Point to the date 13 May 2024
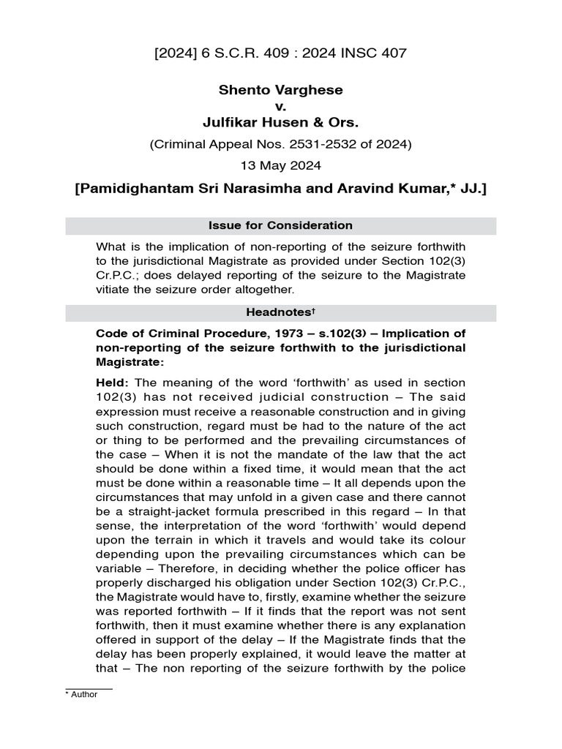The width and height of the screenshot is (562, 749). tap(281, 165)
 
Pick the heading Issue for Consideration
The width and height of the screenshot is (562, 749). tap(281, 225)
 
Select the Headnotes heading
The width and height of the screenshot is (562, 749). tap(281, 312)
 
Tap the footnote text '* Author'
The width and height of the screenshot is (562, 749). tap(81, 694)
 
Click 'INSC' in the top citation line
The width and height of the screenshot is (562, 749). tap(360, 53)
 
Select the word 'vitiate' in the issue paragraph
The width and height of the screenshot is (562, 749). tap(116, 289)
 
